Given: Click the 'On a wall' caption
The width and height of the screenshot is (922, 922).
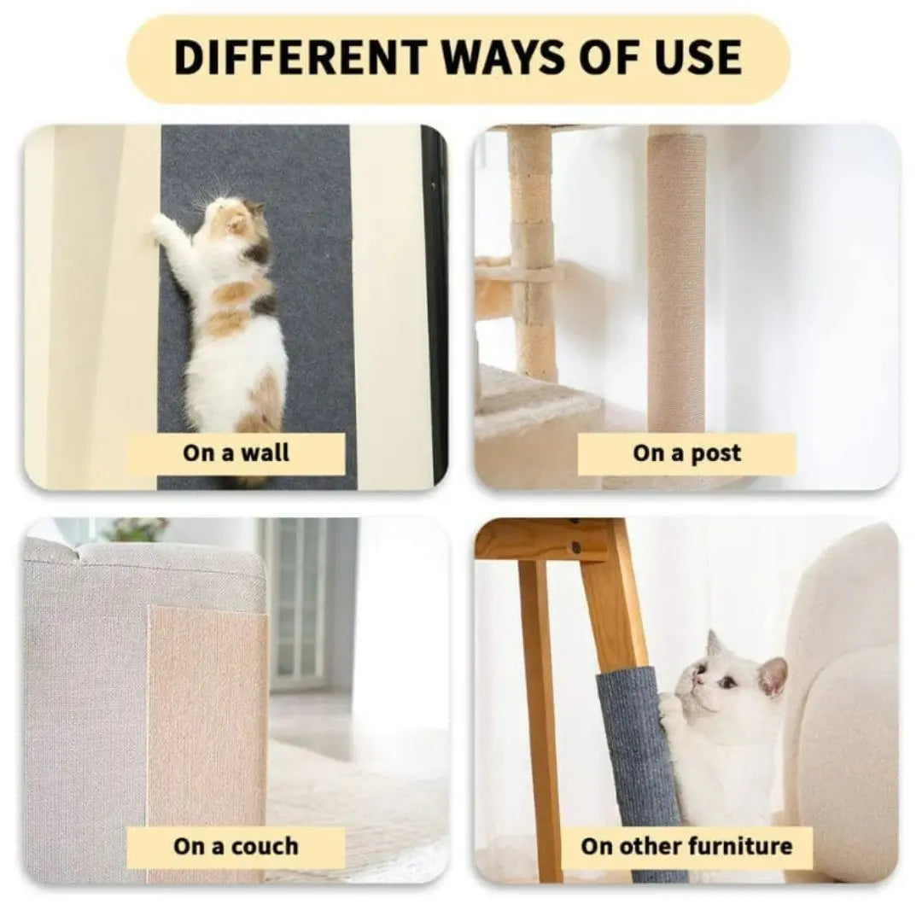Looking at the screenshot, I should pos(236,453).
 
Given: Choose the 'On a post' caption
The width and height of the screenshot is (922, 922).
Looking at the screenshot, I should pos(686,453).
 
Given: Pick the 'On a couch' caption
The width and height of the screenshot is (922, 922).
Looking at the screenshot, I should pos(236,847).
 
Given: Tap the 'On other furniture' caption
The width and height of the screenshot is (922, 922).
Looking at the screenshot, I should pos(686,847).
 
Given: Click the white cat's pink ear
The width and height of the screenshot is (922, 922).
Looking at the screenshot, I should pos(773,675).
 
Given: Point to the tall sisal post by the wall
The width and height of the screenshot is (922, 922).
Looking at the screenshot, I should pos(676,282).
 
